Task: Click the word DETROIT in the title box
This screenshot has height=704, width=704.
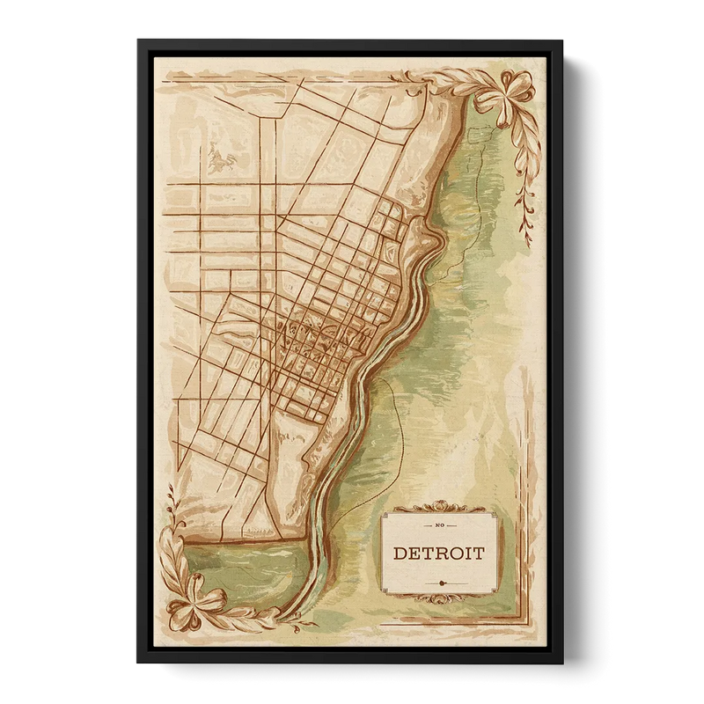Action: coord(438,554)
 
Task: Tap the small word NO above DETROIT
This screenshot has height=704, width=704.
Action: coord(438,524)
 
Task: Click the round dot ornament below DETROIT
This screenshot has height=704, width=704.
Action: coord(438,582)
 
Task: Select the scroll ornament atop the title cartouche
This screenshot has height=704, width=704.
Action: coord(438,507)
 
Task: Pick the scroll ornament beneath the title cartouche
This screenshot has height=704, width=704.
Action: coord(438,599)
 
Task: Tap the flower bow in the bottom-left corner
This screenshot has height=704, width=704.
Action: coord(195,598)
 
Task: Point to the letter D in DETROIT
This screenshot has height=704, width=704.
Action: coord(400,554)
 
